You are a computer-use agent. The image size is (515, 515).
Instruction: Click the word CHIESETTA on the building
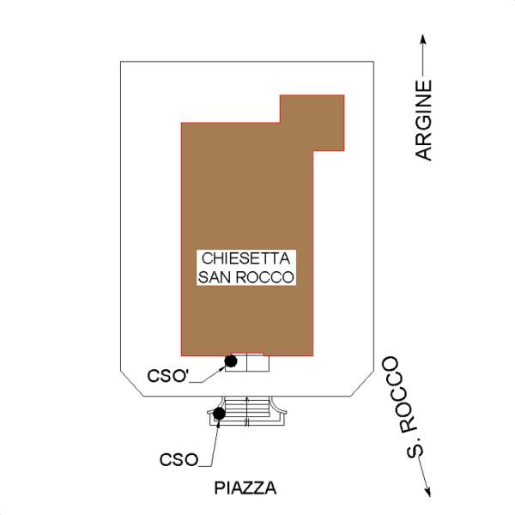tap(245, 258)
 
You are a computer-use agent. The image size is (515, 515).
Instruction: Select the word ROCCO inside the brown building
tap(264, 277)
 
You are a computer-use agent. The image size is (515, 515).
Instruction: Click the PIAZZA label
tap(245, 488)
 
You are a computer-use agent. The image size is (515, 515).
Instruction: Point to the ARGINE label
tap(423, 120)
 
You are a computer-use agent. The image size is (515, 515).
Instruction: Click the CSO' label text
tap(167, 376)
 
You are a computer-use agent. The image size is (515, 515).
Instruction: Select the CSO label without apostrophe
tap(179, 459)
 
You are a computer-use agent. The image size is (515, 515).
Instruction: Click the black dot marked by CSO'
tap(231, 361)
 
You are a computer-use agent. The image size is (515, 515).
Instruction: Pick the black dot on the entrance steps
tap(219, 413)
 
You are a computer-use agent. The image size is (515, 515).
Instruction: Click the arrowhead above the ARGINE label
tap(423, 39)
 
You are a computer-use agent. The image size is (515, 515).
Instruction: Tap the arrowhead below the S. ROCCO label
tap(427, 492)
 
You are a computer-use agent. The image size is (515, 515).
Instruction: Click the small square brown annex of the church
tap(312, 123)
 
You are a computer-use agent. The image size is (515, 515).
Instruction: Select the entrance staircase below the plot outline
tap(246, 411)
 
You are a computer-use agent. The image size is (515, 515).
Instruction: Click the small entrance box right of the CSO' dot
tap(257, 363)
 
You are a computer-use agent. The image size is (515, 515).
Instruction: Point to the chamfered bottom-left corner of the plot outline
tap(131, 384)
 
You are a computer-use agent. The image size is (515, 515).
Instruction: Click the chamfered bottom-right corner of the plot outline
tap(362, 384)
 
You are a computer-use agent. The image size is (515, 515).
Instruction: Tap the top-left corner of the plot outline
tap(121, 62)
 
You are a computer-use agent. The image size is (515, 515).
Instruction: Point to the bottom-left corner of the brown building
tap(182, 355)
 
